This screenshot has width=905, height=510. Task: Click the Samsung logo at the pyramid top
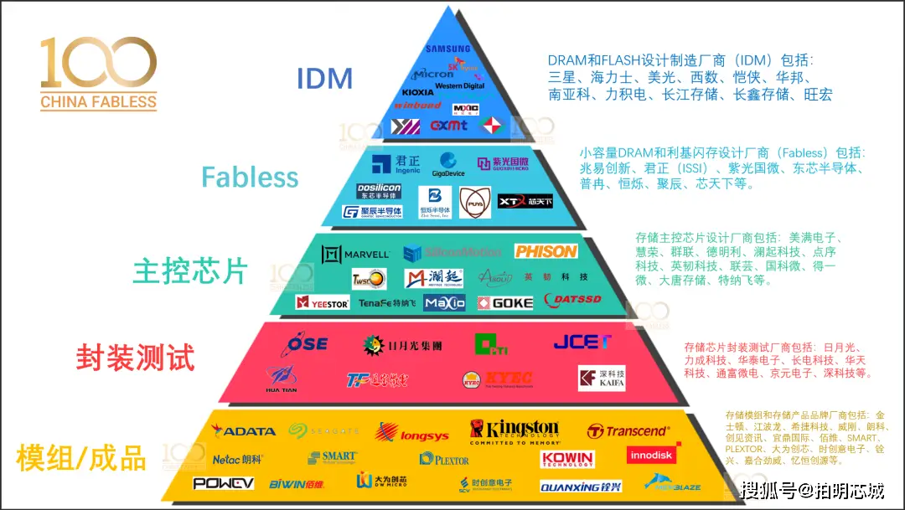[447, 49]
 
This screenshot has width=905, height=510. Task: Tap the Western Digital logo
[460, 85]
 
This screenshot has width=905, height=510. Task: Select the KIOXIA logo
[418, 92]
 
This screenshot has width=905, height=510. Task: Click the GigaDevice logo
[449, 165]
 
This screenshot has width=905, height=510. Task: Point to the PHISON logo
[546, 251]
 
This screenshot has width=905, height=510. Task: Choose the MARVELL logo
[356, 253]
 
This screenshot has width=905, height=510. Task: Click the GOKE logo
[505, 302]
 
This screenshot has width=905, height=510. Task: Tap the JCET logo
[582, 342]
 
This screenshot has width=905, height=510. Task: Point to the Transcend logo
[628, 431]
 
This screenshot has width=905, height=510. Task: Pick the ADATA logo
[244, 431]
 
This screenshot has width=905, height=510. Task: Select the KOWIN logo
[567, 459]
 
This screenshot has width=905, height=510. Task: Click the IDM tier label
[324, 79]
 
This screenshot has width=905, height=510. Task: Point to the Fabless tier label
[250, 178]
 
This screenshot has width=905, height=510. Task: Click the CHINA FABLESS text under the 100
[98, 102]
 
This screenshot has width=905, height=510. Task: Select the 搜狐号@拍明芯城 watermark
[813, 489]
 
